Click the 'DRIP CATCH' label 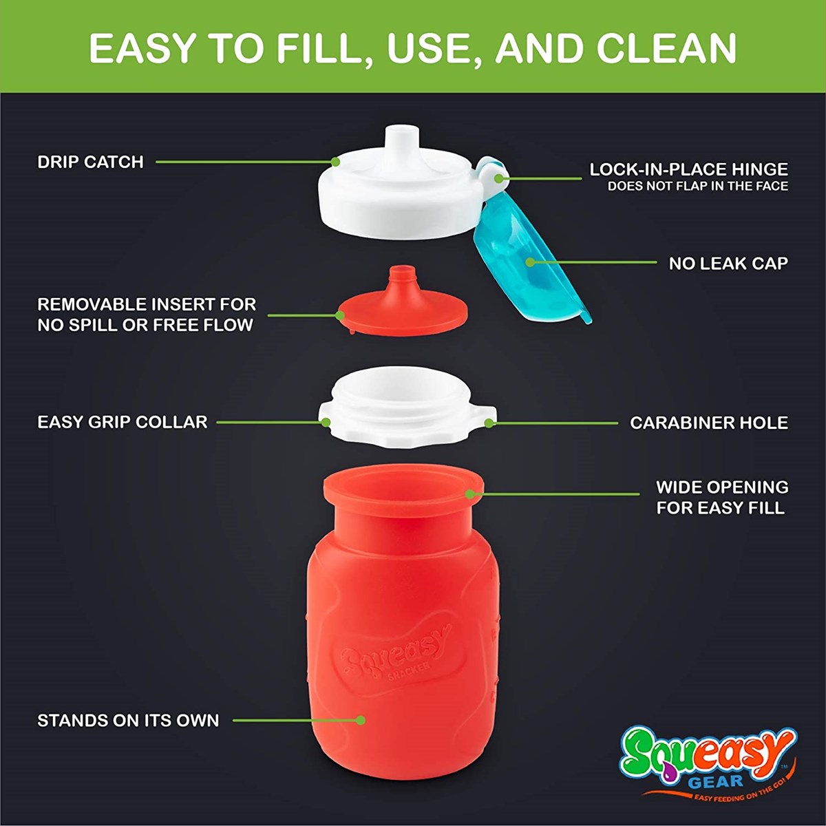90,162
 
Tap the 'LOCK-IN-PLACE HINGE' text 689,170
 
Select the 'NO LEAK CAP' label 728,264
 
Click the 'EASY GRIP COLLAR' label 123,422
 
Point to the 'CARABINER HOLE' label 709,423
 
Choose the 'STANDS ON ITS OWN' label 128,720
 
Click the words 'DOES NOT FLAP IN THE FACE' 698,187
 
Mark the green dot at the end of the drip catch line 335,162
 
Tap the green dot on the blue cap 530,262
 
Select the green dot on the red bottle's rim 470,494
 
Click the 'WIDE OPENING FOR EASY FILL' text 722,498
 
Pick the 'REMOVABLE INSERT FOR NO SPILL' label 147,315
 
